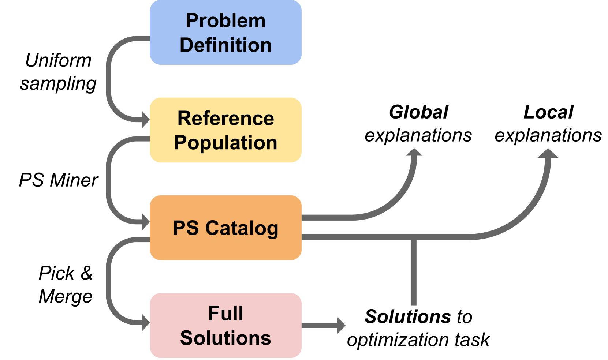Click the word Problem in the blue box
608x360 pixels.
click(x=225, y=20)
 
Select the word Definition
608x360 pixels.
click(x=225, y=45)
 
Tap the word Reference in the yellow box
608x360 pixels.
click(x=225, y=118)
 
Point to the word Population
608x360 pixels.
click(x=225, y=143)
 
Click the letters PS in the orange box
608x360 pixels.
click(x=186, y=228)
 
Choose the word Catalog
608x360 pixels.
click(x=242, y=228)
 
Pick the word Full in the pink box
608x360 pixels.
click(x=225, y=314)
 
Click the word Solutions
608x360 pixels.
click(x=225, y=338)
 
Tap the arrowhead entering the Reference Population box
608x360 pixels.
click(x=146, y=120)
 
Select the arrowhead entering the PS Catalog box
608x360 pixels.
click(x=146, y=221)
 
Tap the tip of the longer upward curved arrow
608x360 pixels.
click(x=548, y=150)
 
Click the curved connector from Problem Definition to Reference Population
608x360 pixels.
click(x=109, y=79)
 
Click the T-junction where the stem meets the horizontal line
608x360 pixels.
click(x=413, y=238)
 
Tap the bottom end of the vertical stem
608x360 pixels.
click(x=413, y=303)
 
